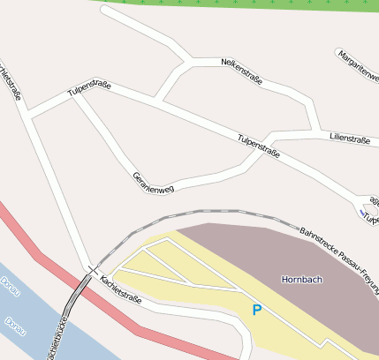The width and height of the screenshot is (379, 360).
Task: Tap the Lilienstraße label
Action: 349,139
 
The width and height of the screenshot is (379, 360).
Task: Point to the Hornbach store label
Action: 301,280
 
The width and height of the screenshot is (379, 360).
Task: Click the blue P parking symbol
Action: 257,310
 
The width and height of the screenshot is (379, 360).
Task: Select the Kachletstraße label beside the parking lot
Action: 122,286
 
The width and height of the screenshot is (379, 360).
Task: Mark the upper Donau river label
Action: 10,286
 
